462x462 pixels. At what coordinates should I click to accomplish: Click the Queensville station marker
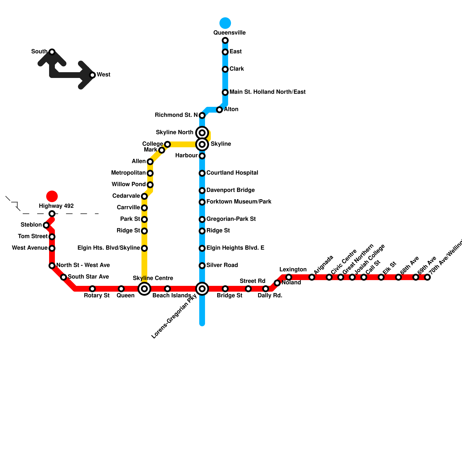tap(225, 40)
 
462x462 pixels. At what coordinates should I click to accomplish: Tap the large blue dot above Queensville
tap(225, 23)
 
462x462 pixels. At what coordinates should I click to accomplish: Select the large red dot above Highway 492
tap(52, 196)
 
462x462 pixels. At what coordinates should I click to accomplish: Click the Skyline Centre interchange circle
tap(144, 289)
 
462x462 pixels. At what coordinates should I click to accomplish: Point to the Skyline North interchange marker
tap(202, 133)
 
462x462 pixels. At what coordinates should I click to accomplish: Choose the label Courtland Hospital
tap(232, 173)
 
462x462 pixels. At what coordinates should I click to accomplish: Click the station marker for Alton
tap(219, 110)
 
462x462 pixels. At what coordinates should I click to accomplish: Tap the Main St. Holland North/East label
tap(267, 92)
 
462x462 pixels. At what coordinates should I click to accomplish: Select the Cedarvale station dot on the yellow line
tap(144, 196)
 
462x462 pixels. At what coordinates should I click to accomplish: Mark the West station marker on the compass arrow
tap(92, 75)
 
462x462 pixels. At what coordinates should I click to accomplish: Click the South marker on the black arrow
tap(52, 52)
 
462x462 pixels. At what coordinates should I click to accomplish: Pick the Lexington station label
tap(293, 269)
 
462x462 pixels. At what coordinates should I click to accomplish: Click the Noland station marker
tap(277, 283)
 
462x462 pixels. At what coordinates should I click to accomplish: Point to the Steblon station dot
tap(46, 225)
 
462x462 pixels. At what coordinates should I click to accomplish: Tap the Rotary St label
tap(97, 295)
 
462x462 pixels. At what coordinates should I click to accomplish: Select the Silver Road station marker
tap(202, 266)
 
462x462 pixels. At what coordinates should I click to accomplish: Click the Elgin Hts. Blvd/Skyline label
tap(109, 248)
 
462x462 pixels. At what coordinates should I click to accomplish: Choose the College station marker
tap(167, 144)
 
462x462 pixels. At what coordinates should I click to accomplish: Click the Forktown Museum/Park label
tap(239, 202)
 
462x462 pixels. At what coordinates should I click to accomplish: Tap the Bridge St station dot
tap(225, 289)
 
